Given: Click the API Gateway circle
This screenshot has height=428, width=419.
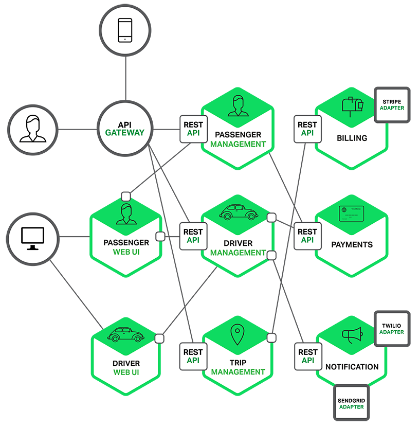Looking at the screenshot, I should (x=124, y=129).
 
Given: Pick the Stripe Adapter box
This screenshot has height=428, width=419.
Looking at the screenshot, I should (x=392, y=104).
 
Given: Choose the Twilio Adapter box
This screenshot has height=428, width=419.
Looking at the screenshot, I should (x=392, y=329).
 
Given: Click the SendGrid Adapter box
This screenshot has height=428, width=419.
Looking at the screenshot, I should (x=351, y=403).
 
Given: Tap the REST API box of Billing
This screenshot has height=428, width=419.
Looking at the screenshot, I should (x=307, y=129).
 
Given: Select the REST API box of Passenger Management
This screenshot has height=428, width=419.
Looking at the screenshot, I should (x=193, y=129).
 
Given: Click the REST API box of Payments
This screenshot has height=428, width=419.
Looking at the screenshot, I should (x=307, y=236).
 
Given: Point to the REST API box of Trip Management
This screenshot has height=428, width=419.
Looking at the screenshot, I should (x=193, y=356).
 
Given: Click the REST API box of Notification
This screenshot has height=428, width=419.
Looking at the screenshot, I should (x=307, y=356).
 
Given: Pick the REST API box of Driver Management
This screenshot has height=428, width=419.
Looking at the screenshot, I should (x=193, y=236).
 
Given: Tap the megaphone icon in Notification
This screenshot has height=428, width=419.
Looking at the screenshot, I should (x=352, y=335).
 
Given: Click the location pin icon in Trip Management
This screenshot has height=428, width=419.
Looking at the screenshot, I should (x=236, y=335).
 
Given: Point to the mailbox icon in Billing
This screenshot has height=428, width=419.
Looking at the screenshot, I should (x=353, y=105).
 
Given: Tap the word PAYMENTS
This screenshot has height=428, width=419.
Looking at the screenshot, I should (x=352, y=244).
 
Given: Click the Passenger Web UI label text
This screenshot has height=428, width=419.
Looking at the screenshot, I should (x=126, y=247).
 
